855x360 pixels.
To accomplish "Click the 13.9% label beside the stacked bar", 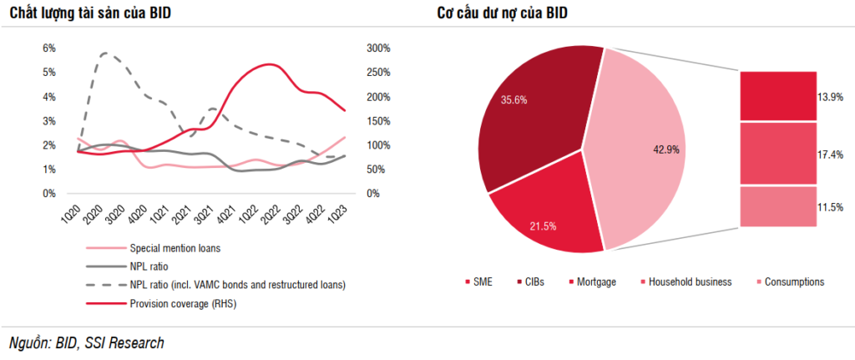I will pos(830,97).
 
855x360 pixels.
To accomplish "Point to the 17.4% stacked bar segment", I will pos(777,154).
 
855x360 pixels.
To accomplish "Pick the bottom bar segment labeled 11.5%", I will pos(777,206).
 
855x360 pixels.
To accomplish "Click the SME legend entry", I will pos(479,282).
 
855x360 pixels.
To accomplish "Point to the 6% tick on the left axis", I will pos(49,48).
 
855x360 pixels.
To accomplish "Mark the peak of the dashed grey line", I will pos(104,53).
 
